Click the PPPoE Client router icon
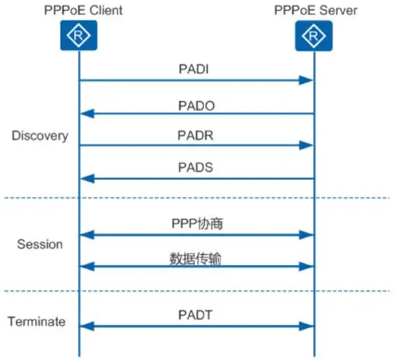[x=79, y=35]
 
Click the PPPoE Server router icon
[x=314, y=36]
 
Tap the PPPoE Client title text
[x=83, y=10]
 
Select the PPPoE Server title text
[x=315, y=10]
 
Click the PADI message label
[x=194, y=69]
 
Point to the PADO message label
[x=196, y=106]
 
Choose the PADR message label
[x=195, y=136]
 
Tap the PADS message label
[x=195, y=168]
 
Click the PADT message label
[x=195, y=315]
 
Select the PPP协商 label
[x=197, y=223]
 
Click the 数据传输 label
[x=195, y=259]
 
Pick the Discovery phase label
[x=40, y=136]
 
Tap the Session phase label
[x=40, y=244]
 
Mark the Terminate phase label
[x=37, y=322]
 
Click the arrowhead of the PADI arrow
[x=306, y=80]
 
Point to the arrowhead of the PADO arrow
[x=87, y=114]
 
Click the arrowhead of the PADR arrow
[x=306, y=145]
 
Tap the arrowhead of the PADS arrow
[x=87, y=178]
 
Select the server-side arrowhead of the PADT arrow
[x=306, y=326]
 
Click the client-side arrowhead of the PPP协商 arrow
[x=87, y=235]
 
